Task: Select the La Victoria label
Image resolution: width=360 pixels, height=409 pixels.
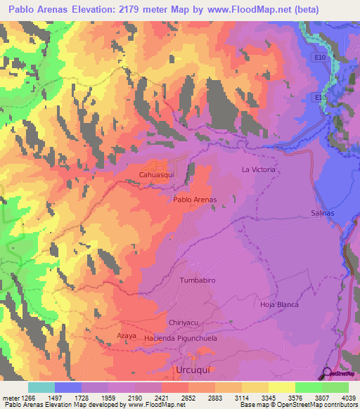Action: tap(258, 170)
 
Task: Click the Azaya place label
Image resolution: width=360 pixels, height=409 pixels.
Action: tap(126, 337)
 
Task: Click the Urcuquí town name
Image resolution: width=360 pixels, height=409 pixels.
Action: tap(192, 369)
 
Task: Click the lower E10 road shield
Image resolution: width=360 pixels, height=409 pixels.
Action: tap(320, 97)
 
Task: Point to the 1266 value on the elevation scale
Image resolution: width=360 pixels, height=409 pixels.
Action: tap(20, 398)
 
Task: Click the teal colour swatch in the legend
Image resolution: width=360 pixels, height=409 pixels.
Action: tap(41, 387)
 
